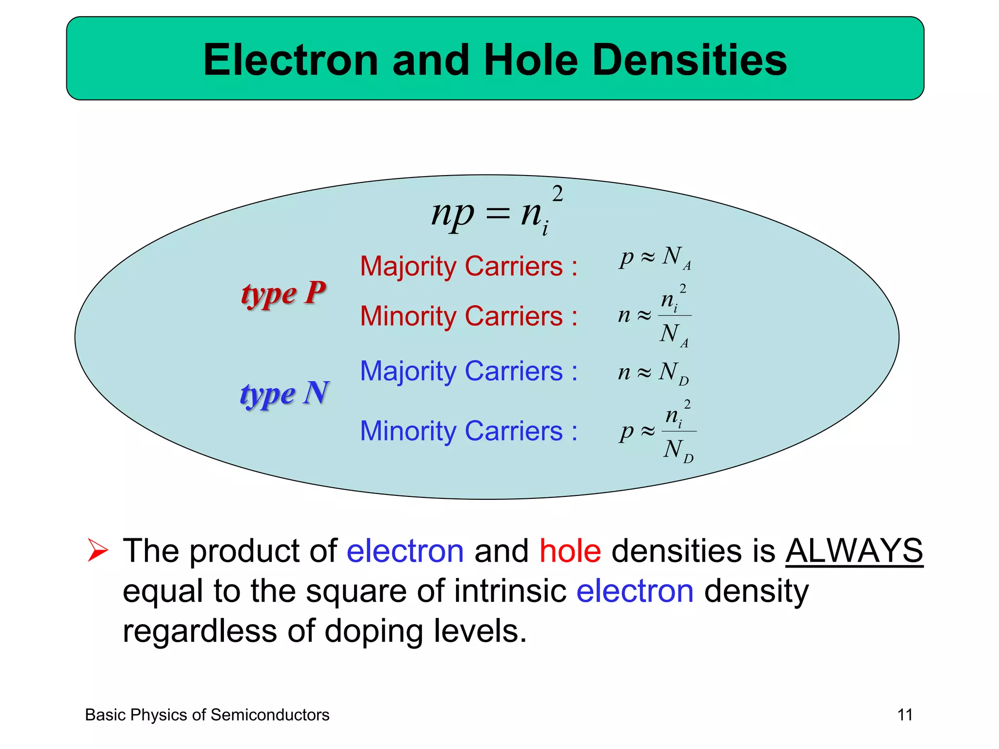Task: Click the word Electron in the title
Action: (x=291, y=59)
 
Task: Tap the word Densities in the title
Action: (x=689, y=59)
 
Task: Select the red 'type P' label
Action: (x=283, y=294)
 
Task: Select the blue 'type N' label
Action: (x=285, y=393)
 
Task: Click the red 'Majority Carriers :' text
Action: (x=468, y=266)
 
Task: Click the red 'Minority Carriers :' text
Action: (x=468, y=316)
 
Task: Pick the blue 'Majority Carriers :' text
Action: (x=468, y=371)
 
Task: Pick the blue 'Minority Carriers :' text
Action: (x=468, y=431)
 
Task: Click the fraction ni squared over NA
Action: (x=674, y=315)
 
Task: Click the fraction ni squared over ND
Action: (x=679, y=431)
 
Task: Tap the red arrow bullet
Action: (x=98, y=550)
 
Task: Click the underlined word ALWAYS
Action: (x=854, y=551)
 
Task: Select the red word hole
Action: (x=570, y=551)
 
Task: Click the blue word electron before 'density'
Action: (x=635, y=591)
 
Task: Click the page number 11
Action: (x=905, y=715)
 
